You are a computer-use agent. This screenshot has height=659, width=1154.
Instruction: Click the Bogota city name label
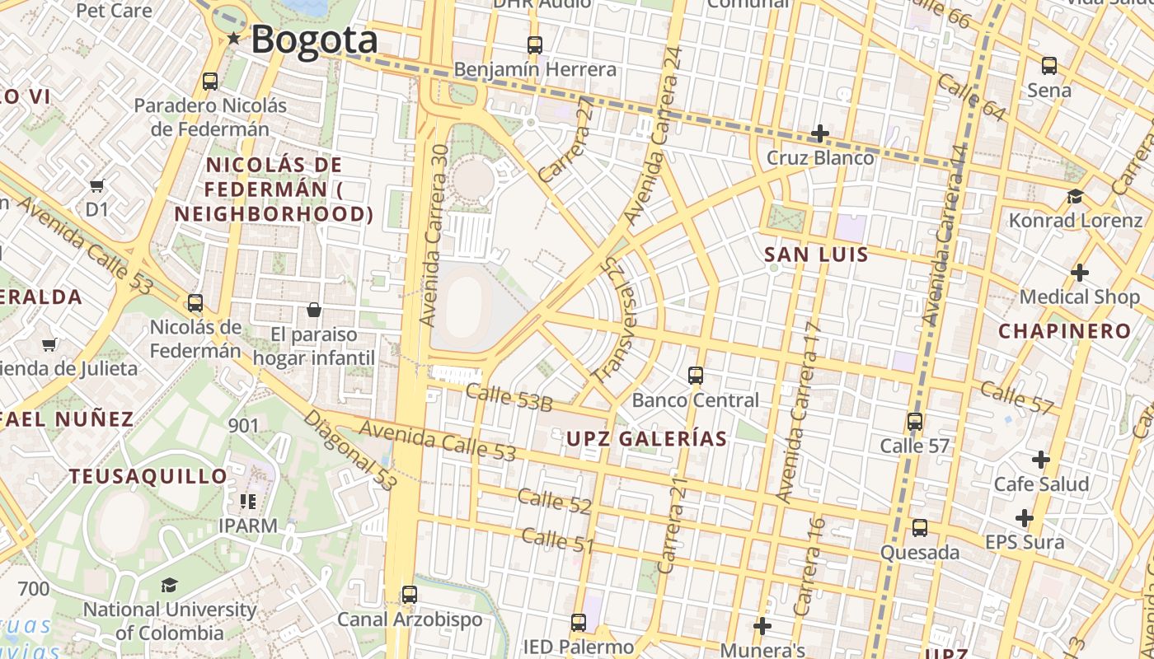[x=314, y=40]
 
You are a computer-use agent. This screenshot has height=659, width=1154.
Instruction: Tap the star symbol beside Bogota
[x=234, y=38]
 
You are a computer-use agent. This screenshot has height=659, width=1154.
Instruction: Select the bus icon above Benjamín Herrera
[x=535, y=44]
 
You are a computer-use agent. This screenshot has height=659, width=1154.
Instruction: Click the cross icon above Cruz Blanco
[x=819, y=133]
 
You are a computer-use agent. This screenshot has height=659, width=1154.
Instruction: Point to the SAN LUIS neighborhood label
[x=816, y=255]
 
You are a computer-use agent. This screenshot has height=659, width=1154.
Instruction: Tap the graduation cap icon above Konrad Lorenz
[x=1075, y=196]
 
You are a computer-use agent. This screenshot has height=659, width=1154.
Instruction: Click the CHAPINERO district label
[x=1065, y=331]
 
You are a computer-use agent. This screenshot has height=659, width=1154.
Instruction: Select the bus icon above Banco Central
[x=695, y=376]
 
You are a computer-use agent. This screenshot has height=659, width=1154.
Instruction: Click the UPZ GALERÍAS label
[x=646, y=438]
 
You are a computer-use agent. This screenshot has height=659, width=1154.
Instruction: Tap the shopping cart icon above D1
[x=97, y=185]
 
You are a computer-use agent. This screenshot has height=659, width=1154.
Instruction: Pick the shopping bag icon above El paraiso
[x=313, y=310]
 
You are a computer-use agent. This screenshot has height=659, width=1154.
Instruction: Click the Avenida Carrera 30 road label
[x=434, y=235]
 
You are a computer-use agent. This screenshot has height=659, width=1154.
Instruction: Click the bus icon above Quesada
[x=919, y=527]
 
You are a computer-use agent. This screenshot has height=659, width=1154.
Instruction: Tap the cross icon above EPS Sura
[x=1024, y=518]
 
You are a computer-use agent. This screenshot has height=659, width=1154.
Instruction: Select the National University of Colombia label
[x=170, y=621]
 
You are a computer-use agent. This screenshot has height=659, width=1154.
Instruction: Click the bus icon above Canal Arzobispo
[x=409, y=594]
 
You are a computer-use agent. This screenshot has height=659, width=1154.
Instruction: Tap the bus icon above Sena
[x=1048, y=65]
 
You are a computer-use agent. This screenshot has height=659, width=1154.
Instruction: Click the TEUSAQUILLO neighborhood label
[x=148, y=476]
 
